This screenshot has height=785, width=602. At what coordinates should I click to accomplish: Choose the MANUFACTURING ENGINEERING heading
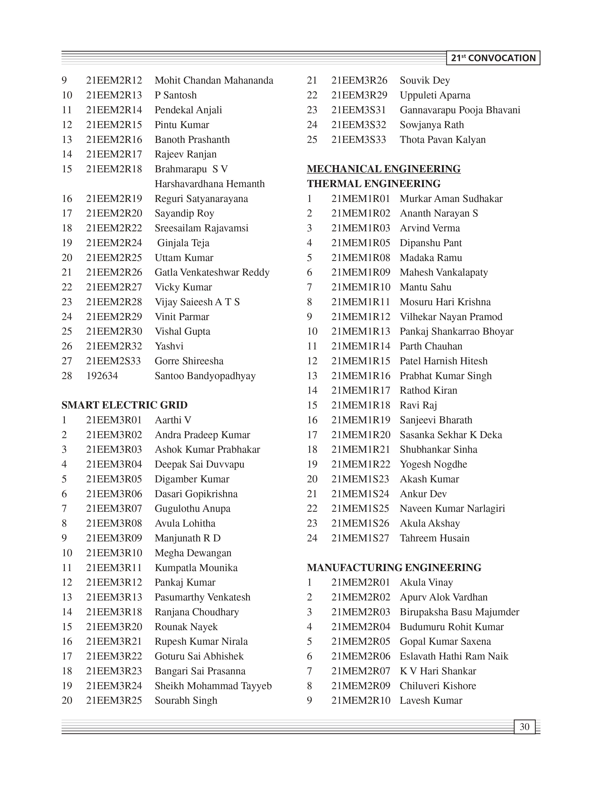coord(394,568)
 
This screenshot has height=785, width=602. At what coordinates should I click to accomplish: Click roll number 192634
coord(102,376)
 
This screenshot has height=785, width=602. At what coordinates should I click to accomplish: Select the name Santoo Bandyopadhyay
coord(205,376)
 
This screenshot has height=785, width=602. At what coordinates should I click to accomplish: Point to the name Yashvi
coord(169,346)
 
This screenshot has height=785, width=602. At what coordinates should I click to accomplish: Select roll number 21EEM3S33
coord(359,139)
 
